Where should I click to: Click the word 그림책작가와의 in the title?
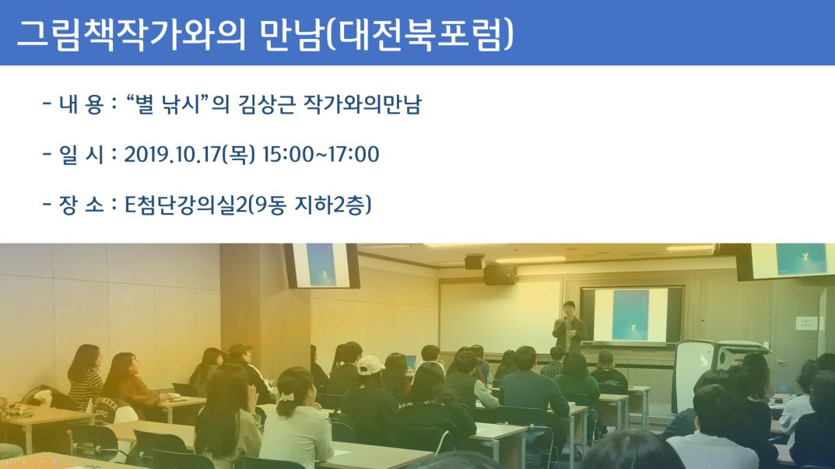pos(131,34)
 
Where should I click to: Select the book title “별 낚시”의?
pos(178,103)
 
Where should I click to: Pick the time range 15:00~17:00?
pos(321,154)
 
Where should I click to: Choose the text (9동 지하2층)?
pos(310,205)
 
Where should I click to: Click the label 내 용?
pos(82,103)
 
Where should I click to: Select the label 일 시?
pos(82,154)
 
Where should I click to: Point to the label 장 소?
pos(82,205)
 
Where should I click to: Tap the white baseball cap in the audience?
pos(369,366)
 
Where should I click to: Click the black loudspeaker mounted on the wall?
pos(500,275)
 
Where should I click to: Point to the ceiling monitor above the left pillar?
pos(321,265)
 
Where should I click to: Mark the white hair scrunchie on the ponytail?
pos(286,397)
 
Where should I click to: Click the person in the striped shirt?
pos(85,378)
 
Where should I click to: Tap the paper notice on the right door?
pos(806,323)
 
